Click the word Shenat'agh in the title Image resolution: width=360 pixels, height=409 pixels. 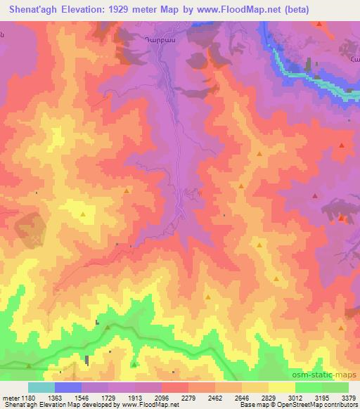(33, 10)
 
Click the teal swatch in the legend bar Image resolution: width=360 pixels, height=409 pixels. (41, 387)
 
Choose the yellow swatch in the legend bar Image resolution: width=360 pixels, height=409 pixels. (281, 387)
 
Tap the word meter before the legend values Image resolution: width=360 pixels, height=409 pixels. (8, 398)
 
